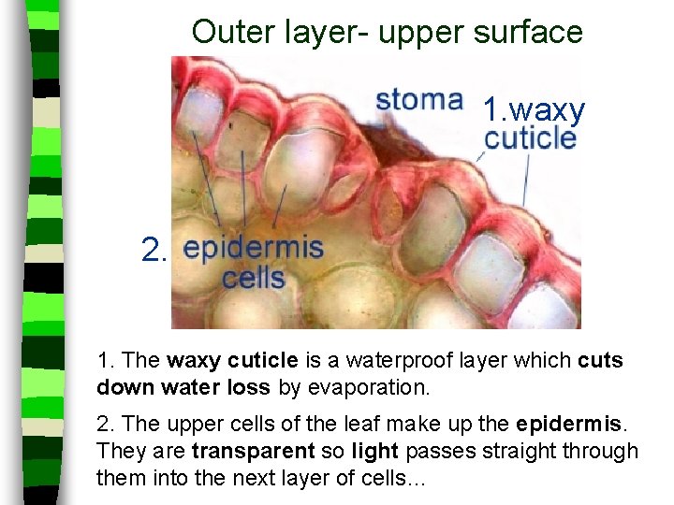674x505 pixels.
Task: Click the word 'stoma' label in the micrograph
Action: (418, 100)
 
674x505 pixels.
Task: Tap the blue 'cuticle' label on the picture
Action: (530, 138)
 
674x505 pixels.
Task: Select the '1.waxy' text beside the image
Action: (534, 109)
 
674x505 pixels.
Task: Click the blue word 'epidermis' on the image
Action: (253, 249)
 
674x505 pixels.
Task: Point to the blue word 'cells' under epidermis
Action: (253, 278)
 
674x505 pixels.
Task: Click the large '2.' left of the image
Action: (154, 250)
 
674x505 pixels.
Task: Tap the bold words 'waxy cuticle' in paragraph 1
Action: (232, 360)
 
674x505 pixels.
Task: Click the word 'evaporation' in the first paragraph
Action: (368, 385)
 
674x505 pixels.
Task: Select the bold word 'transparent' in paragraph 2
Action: (252, 452)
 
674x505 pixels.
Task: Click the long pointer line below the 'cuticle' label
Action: (526, 181)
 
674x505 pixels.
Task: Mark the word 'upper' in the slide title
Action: (418, 32)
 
